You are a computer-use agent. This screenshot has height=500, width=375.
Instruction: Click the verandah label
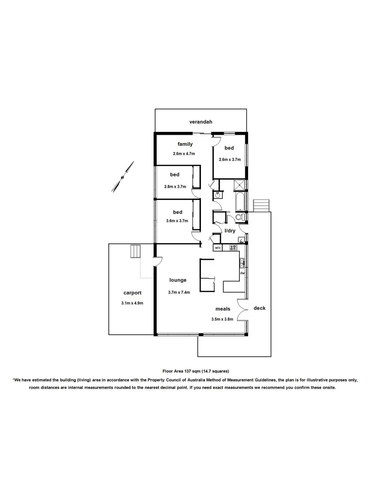click(200, 122)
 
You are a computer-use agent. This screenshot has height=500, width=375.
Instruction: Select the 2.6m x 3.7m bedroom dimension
click(229, 159)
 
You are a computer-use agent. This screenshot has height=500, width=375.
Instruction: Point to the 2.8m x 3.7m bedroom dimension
click(175, 187)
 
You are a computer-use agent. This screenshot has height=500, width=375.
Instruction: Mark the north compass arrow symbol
click(123, 176)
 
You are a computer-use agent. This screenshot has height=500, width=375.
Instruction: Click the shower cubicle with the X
click(240, 186)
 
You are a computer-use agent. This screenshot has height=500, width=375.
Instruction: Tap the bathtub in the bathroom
click(240, 202)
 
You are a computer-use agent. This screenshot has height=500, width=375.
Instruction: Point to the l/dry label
click(230, 231)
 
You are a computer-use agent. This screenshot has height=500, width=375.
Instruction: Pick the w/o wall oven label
click(218, 248)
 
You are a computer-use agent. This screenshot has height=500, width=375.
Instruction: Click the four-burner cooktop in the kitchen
click(233, 248)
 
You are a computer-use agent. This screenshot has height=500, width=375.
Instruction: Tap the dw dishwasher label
click(242, 273)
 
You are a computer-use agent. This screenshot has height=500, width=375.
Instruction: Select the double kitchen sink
click(242, 263)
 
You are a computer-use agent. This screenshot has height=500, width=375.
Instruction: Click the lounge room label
click(178, 280)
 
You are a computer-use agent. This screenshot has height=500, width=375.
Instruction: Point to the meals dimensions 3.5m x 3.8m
click(223, 319)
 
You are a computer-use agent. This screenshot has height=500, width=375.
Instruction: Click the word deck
click(259, 308)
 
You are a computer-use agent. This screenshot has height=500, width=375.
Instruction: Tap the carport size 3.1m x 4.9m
click(132, 303)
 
